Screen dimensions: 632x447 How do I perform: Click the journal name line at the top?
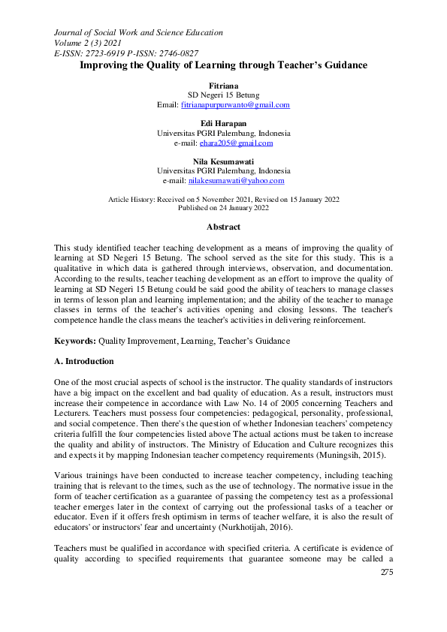[x=138, y=32]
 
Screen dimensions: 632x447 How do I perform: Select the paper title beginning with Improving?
[x=223, y=65]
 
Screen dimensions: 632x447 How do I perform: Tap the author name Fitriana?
[x=223, y=86]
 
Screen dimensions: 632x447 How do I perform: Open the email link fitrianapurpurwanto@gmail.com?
[x=235, y=105]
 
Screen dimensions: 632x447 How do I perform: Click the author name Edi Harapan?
[x=223, y=123]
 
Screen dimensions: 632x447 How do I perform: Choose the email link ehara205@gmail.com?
[x=236, y=143]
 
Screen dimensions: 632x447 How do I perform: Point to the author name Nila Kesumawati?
[x=223, y=161]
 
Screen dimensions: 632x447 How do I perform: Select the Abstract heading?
[x=223, y=227]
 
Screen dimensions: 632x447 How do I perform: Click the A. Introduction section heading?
[x=84, y=361]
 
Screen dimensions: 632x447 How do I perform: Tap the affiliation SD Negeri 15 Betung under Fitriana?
[x=223, y=95]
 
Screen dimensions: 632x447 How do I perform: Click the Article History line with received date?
[x=223, y=199]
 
